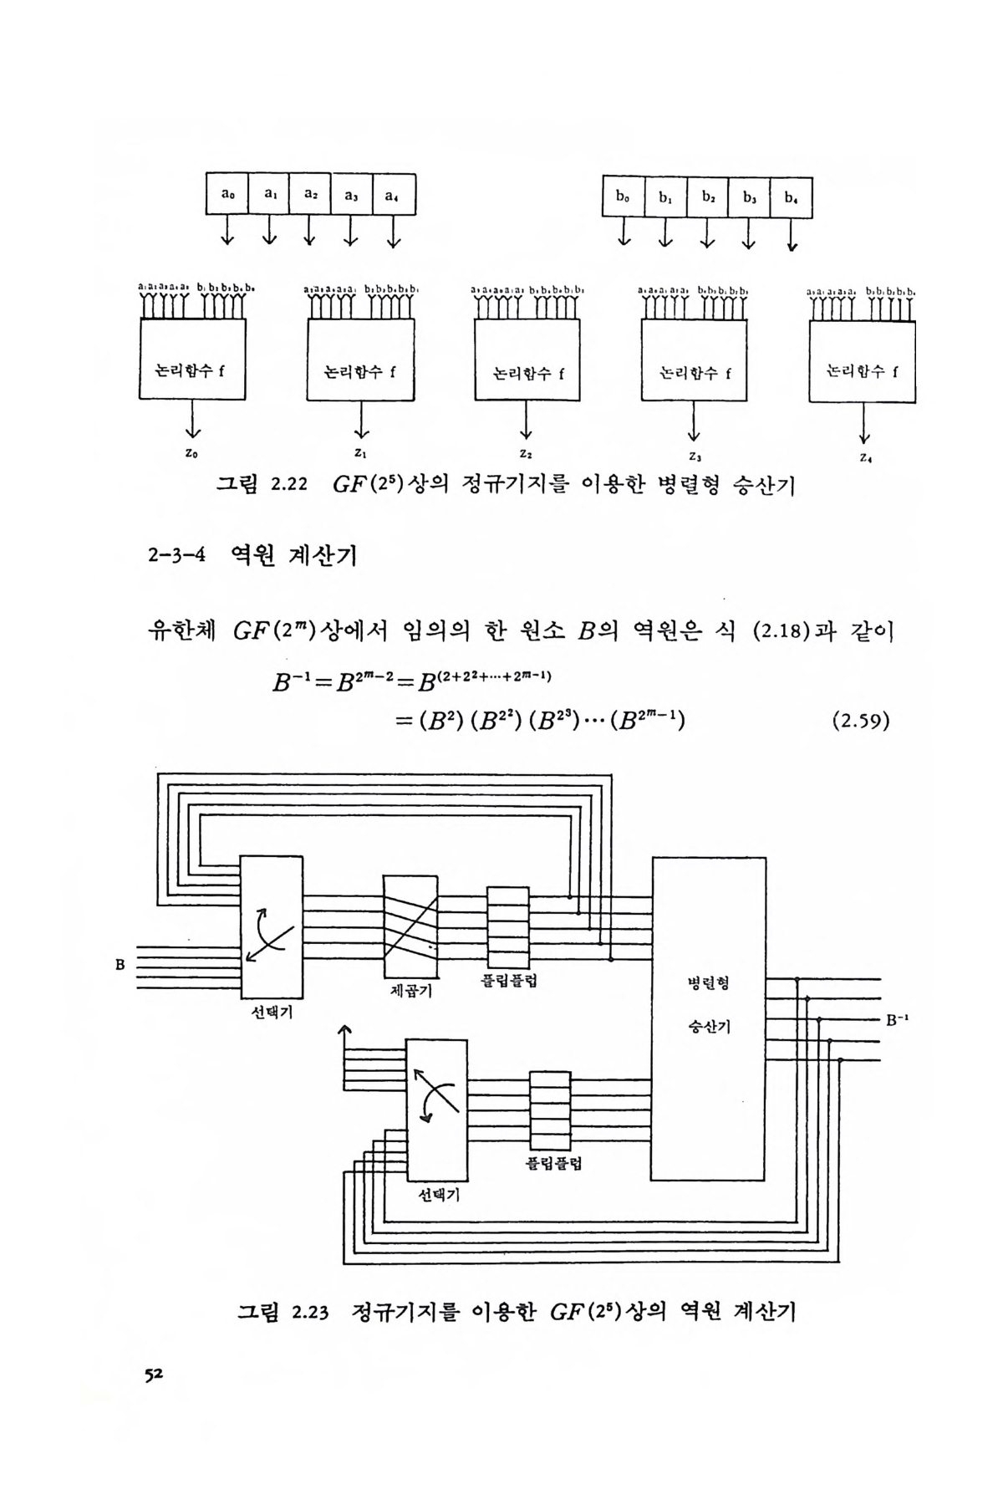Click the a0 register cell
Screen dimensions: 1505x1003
tap(227, 194)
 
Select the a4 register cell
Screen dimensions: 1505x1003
tap(394, 196)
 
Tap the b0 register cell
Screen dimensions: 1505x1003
tap(624, 197)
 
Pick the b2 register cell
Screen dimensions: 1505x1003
tap(708, 197)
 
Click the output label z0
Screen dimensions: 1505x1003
tap(192, 453)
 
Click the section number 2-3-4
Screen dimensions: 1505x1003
tap(173, 555)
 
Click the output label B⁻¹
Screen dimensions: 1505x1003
tap(897, 1020)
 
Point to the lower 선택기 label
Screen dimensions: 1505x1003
tap(439, 1196)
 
